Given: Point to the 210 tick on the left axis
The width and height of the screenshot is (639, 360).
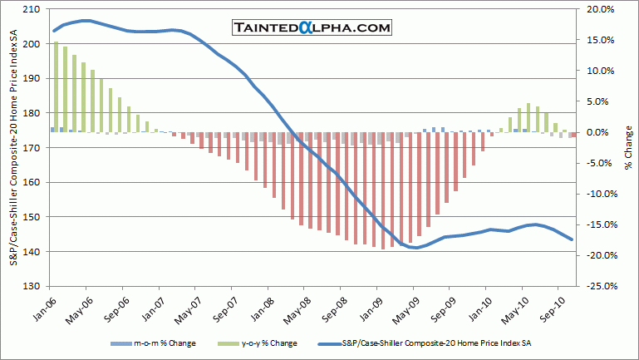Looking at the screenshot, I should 33,9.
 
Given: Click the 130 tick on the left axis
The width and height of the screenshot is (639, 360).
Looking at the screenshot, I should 33,286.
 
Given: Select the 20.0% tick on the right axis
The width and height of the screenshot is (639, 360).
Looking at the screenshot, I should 599,9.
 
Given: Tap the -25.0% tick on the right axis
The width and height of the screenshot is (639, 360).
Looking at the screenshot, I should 599,286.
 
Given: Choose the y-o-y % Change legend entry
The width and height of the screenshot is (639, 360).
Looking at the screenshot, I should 266,343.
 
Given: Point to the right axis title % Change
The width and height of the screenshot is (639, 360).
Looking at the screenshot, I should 629,147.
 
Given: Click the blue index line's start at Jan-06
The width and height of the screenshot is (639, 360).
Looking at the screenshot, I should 54,31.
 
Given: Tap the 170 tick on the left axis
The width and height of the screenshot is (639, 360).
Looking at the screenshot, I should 33,148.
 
